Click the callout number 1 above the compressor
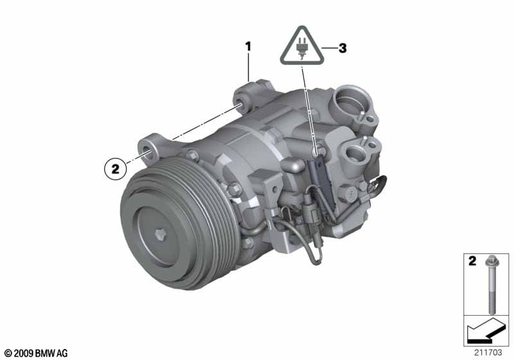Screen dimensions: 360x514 click(247, 46)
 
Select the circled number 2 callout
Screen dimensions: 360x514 click(115, 169)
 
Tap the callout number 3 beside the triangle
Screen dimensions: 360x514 click(342, 48)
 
